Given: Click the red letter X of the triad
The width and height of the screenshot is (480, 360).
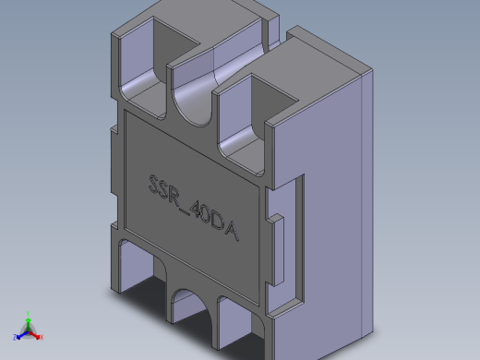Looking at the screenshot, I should tap(42, 338).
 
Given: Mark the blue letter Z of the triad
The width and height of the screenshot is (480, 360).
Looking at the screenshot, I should tap(14, 338).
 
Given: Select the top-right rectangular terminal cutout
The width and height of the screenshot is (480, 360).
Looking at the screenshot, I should tap(251, 120).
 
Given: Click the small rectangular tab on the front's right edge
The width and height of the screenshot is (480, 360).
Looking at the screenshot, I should tap(276, 222).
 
